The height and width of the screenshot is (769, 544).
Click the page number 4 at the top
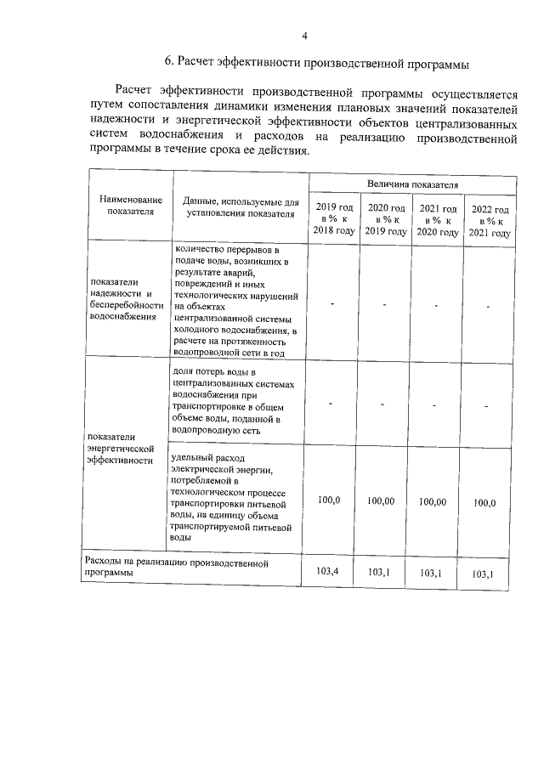[303, 35]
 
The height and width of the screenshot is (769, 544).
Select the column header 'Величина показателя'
[412, 184]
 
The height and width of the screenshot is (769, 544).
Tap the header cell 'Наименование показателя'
[130, 206]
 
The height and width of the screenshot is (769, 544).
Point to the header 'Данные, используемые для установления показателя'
[241, 207]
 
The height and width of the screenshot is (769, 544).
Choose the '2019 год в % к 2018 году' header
[334, 220]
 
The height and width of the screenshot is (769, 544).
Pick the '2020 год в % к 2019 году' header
[385, 220]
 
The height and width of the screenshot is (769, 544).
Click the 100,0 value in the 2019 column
[329, 500]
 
